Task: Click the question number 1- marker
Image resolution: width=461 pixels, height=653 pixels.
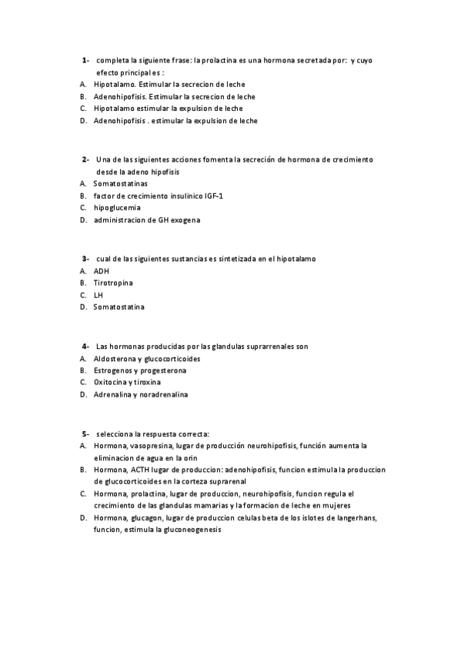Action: coord(85,59)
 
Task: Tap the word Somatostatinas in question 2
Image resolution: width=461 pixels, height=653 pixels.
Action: coord(121,184)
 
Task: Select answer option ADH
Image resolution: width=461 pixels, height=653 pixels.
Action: coord(101,271)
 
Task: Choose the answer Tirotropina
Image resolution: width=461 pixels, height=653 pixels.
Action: coord(113,283)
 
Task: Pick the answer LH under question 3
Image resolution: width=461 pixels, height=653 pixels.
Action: coord(98,295)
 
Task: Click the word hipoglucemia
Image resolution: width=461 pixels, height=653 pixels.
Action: coord(117,208)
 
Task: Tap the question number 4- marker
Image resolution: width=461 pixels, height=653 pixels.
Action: coord(85,346)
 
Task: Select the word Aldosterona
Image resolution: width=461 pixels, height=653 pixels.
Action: coord(115,358)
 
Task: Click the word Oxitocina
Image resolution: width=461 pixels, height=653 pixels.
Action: coord(112,383)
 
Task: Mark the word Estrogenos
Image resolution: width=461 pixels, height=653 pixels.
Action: coord(115,370)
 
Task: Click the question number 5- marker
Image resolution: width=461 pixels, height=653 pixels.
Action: coord(85,433)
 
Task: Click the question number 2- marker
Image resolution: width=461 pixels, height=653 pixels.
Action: coord(85,159)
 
